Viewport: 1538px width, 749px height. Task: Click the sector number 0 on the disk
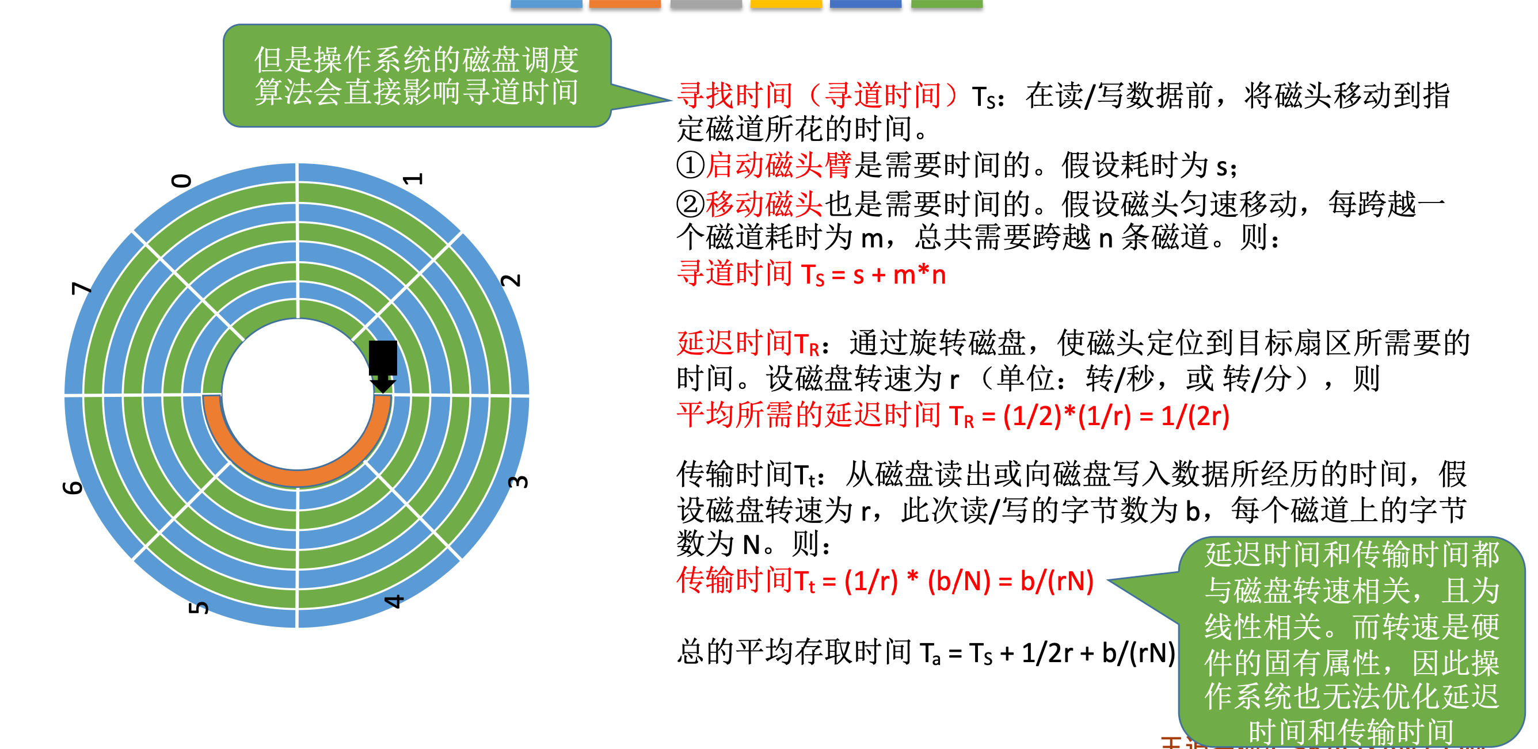pyautogui.click(x=181, y=180)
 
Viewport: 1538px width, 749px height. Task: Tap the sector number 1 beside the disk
pyautogui.click(x=413, y=179)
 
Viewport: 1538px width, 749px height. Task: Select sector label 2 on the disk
pyautogui.click(x=511, y=280)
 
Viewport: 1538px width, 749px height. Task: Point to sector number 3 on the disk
pyautogui.click(x=518, y=481)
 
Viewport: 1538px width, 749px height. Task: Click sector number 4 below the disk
pyautogui.click(x=394, y=601)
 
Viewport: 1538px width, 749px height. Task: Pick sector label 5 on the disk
pyautogui.click(x=199, y=607)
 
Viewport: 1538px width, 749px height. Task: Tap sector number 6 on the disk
pyautogui.click(x=73, y=487)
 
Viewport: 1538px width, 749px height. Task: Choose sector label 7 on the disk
pyautogui.click(x=82, y=288)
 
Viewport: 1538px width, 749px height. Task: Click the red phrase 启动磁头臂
pyautogui.click(x=779, y=165)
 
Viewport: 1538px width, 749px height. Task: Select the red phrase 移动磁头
pyautogui.click(x=764, y=204)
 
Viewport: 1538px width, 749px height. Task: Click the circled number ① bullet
pyautogui.click(x=691, y=165)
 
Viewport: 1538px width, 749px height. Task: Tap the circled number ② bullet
pyautogui.click(x=691, y=204)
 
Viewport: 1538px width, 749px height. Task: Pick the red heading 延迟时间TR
pyautogui.click(x=748, y=344)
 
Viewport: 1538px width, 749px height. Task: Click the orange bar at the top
pyautogui.click(x=625, y=3)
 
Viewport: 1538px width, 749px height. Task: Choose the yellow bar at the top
pyautogui.click(x=786, y=3)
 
